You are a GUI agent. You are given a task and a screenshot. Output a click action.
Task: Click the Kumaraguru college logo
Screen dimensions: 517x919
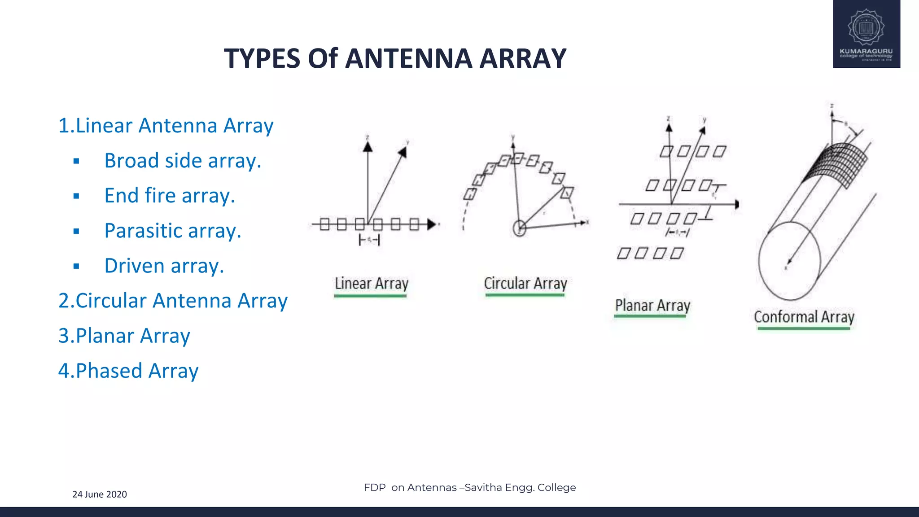866,34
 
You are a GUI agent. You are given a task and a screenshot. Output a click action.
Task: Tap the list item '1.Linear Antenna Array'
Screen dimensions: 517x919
166,126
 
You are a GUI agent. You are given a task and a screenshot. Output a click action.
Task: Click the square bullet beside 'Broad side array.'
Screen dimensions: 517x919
76,161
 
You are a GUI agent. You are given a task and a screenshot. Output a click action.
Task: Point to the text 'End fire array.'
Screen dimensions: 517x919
170,196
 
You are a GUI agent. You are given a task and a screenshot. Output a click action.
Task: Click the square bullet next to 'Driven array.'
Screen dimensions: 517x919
76,266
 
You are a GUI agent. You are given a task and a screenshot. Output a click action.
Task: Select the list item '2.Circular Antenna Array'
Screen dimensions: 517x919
173,301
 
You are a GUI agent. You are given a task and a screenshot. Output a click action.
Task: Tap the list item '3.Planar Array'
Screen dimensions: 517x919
124,336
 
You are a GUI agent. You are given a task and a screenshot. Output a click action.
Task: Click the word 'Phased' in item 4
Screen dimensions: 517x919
109,371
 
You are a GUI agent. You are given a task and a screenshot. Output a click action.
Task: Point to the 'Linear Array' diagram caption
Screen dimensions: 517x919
372,284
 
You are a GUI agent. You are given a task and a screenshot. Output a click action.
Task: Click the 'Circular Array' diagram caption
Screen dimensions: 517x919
525,284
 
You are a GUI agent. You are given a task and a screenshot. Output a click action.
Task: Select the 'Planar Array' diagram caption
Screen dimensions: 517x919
652,305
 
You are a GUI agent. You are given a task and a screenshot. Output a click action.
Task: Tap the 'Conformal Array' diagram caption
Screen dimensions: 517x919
804,317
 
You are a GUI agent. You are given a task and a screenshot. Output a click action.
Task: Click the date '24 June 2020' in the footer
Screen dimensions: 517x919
100,494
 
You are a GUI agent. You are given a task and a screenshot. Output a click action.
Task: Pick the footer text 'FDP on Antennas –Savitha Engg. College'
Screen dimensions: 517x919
470,487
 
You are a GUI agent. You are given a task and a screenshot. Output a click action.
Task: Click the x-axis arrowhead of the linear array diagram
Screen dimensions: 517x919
432,224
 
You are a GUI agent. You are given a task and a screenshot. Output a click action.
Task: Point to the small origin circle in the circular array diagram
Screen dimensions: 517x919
520,228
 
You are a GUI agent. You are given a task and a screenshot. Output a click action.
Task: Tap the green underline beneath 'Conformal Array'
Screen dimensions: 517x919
804,329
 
